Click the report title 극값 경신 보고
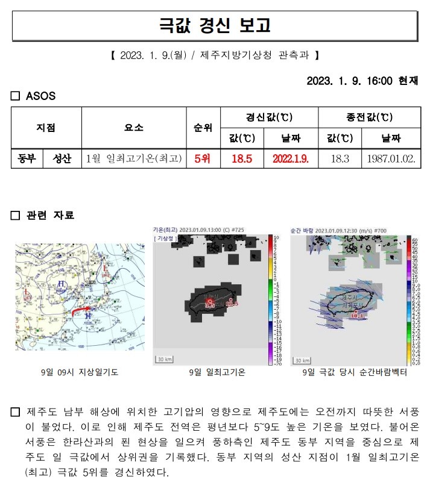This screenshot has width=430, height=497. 215,26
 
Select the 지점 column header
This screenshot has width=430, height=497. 46,128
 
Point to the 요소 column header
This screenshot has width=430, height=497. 133,128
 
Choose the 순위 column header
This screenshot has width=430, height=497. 203,128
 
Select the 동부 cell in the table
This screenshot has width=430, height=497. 27,158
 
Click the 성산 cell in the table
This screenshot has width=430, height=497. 62,158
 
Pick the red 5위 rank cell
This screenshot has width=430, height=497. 203,158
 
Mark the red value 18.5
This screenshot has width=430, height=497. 241,158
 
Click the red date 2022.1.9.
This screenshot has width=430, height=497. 291,158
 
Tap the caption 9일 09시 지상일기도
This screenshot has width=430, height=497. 80,373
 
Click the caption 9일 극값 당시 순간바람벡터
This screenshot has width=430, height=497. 355,373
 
